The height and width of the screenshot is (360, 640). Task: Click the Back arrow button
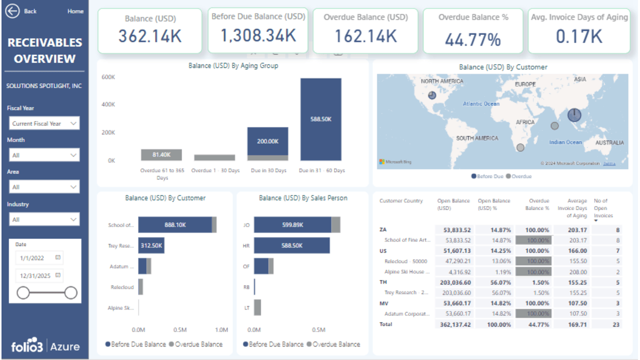[12, 11]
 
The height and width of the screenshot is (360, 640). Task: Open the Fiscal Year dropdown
[44, 123]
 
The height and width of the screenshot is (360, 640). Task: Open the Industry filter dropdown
[44, 219]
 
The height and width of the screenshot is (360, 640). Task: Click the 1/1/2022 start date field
[36, 258]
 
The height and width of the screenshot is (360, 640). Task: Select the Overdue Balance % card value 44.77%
[472, 39]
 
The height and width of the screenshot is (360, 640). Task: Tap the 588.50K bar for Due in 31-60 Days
[320, 119]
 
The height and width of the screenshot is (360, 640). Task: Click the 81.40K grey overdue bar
[161, 155]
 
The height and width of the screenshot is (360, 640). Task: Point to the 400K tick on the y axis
[108, 104]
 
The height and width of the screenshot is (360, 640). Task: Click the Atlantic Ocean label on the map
[480, 103]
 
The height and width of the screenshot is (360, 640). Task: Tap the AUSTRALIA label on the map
[609, 142]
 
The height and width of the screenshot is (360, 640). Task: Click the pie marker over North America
[432, 95]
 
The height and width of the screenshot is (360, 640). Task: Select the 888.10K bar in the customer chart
[175, 225]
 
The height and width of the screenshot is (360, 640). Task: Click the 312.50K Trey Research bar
[151, 245]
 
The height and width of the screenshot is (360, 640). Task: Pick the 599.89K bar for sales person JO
[292, 225]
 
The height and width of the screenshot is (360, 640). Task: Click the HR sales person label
[246, 246]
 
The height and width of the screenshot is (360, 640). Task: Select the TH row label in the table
[383, 282]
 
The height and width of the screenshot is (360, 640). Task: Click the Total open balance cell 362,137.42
[453, 324]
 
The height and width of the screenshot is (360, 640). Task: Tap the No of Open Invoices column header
[600, 208]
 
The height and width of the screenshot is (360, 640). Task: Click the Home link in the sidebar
[75, 11]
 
